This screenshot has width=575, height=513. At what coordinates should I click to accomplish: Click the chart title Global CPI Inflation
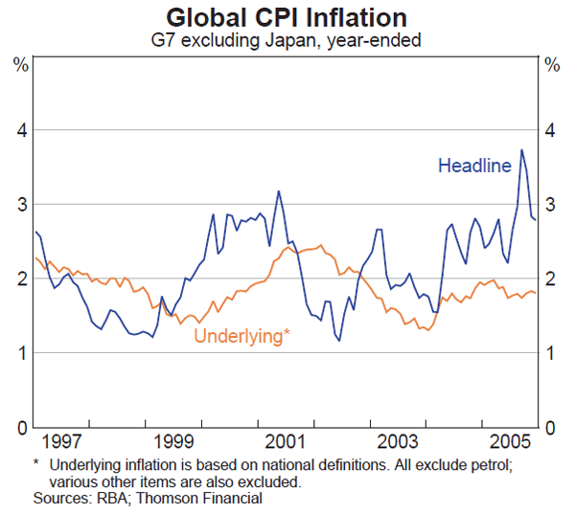tap(286, 17)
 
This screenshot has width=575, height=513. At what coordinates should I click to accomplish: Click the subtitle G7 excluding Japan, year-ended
tap(286, 40)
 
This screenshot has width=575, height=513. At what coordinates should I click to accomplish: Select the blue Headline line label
tap(474, 166)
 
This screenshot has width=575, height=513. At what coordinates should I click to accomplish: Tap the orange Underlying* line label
tap(241, 336)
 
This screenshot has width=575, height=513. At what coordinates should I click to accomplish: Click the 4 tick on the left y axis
tap(20, 130)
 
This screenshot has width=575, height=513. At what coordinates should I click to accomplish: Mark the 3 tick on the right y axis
tap(551, 205)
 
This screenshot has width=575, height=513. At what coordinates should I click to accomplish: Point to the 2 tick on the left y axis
tap(20, 279)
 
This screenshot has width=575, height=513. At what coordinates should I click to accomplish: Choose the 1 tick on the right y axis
tap(551, 353)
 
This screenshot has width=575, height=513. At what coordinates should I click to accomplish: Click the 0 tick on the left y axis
tap(20, 427)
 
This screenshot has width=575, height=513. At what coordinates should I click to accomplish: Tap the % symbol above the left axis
tap(20, 65)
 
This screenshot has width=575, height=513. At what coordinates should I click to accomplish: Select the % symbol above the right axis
tap(552, 65)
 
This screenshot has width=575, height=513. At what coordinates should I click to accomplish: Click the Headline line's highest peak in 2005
tap(521, 149)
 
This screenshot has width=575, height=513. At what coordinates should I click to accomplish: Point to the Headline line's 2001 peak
tap(278, 191)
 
